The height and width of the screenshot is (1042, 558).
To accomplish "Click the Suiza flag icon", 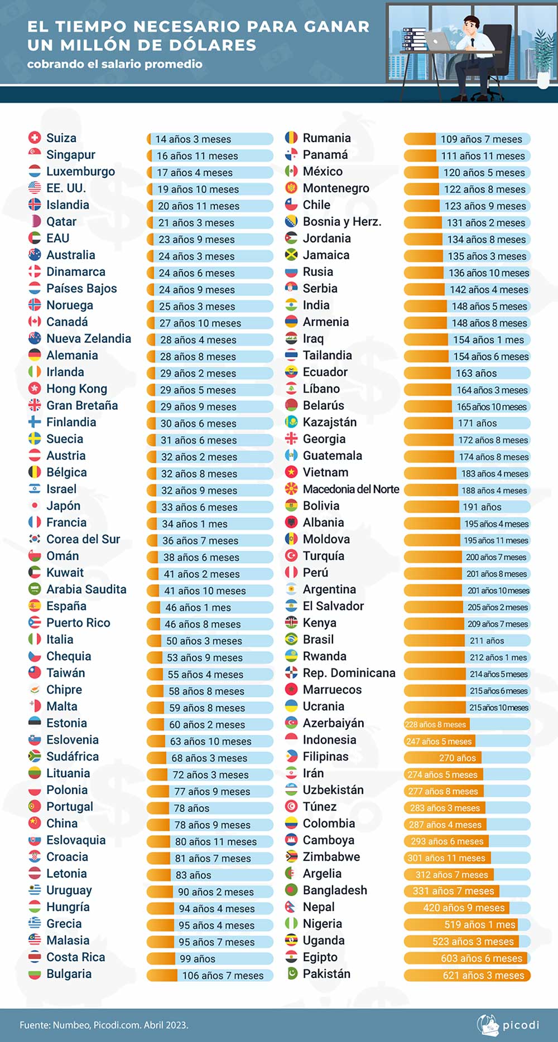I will pyautogui.click(x=35, y=138).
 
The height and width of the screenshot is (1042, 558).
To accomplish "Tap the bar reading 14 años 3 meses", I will pyautogui.click(x=210, y=139).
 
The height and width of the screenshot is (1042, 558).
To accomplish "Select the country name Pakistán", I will pyautogui.click(x=326, y=974).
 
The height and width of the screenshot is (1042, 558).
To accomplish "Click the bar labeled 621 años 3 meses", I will pyautogui.click(x=467, y=975).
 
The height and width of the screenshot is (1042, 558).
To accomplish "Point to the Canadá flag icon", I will pyautogui.click(x=35, y=322).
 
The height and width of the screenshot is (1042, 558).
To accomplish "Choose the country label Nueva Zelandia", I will pyautogui.click(x=89, y=338).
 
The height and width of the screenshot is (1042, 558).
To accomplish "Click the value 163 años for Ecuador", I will pyautogui.click(x=476, y=373).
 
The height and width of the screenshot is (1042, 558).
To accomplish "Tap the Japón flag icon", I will pyautogui.click(x=35, y=506).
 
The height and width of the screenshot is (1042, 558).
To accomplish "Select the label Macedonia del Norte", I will pyautogui.click(x=351, y=489).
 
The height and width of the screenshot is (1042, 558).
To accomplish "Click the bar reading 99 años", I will pyautogui.click(x=210, y=958).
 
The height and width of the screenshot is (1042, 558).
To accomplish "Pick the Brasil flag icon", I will pyautogui.click(x=291, y=639).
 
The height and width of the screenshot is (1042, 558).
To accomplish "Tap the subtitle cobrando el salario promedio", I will pyautogui.click(x=114, y=64).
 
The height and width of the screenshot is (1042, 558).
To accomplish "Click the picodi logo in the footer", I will pyautogui.click(x=508, y=1025).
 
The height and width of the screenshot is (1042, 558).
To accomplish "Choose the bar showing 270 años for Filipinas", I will pyautogui.click(x=467, y=758).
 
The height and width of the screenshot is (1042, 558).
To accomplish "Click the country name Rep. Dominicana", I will pyautogui.click(x=349, y=673).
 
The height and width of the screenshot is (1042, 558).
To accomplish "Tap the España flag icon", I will pyautogui.click(x=35, y=606).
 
